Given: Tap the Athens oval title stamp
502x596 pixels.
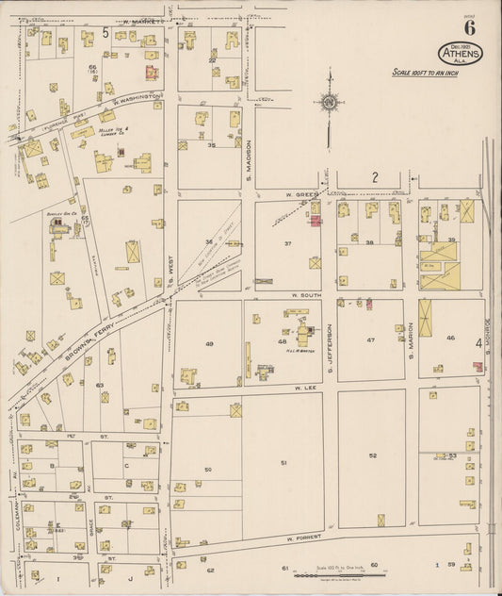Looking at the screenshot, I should click(460, 54).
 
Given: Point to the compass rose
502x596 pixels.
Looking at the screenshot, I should click(330, 102).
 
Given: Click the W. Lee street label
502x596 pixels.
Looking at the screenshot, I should click(302, 387).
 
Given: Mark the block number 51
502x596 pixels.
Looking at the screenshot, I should click(283, 462).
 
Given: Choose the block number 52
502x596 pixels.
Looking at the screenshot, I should click(373, 455).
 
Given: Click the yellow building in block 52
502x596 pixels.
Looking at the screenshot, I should click(381, 519).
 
